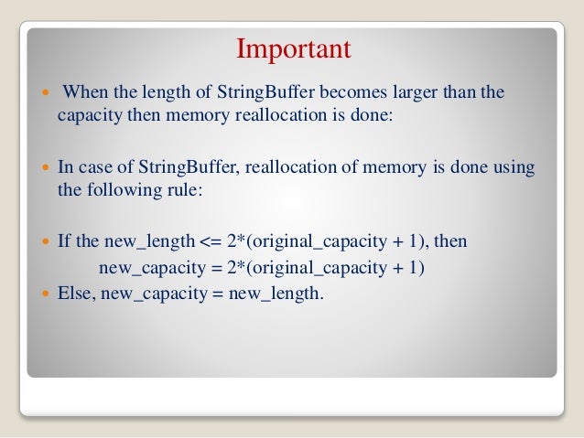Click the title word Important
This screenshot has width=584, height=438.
pos(294,48)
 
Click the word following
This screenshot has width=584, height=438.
pos(116,190)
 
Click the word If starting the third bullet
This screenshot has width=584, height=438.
pos(65,242)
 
